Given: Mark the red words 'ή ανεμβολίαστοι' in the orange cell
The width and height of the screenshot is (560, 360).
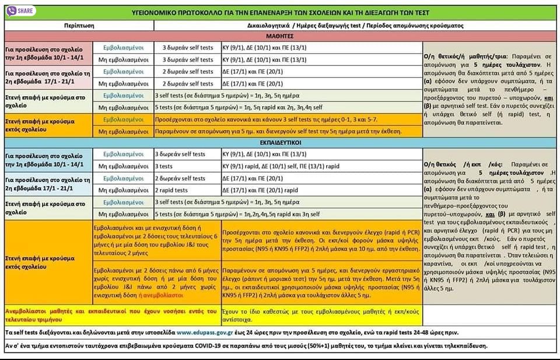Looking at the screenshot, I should [x=174, y=296].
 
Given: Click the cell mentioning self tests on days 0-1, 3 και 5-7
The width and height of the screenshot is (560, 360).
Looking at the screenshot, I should [x=265, y=120].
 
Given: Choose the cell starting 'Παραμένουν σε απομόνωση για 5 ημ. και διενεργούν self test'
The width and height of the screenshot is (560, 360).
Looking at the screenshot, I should [x=278, y=131].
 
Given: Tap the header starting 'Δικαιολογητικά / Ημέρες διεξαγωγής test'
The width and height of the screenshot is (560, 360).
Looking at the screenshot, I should [x=346, y=26].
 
